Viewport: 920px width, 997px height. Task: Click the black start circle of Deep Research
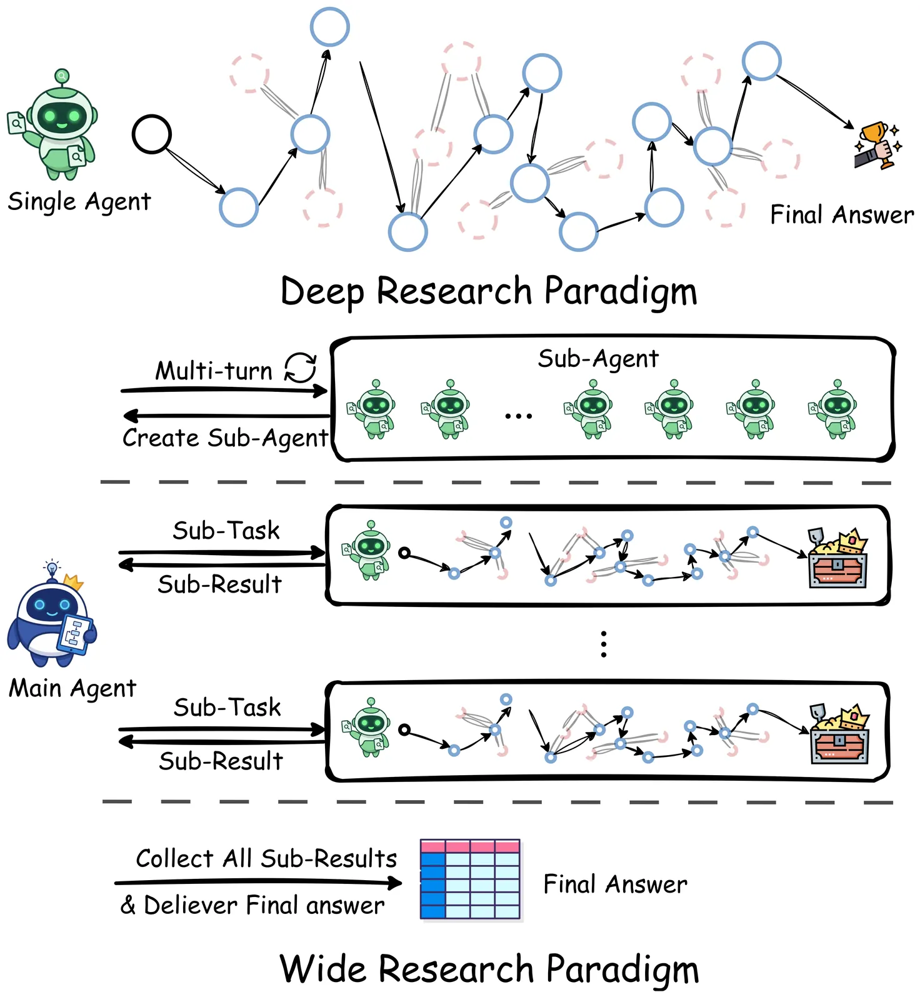tap(151, 134)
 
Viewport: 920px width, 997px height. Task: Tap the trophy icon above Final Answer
tap(876, 145)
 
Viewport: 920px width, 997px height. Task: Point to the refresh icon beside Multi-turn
tap(301, 367)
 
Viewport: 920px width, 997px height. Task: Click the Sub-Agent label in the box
tap(598, 359)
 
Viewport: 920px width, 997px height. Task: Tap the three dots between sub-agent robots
tap(518, 416)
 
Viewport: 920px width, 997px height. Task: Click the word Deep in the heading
tap(322, 292)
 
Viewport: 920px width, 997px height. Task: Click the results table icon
tap(470, 879)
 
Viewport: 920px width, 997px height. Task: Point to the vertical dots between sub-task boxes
tap(603, 644)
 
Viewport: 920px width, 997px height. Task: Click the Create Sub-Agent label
tap(225, 438)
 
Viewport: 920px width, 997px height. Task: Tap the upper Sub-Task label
tap(226, 531)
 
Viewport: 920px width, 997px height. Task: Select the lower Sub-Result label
tap(221, 761)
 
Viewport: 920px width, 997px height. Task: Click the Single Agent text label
tap(79, 202)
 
